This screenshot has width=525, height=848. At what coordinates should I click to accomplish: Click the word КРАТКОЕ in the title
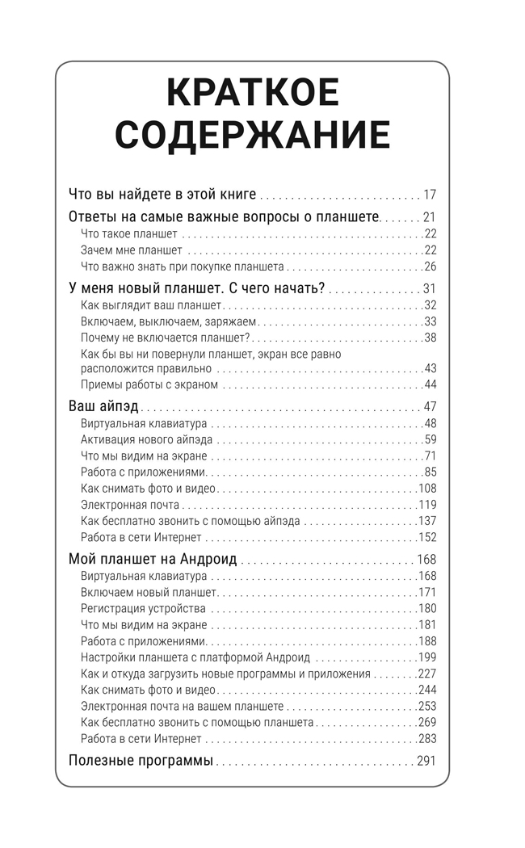(252, 94)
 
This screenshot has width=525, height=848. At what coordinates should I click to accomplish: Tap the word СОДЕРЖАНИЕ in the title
(252, 135)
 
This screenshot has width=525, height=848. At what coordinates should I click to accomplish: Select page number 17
(429, 194)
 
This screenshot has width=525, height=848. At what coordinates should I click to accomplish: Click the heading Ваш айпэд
(104, 405)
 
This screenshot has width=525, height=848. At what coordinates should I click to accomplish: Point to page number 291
(426, 760)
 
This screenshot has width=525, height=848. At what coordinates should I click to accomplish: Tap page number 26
(430, 267)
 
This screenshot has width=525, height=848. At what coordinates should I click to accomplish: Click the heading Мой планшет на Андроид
(153, 559)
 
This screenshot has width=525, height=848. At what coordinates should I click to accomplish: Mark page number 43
(430, 368)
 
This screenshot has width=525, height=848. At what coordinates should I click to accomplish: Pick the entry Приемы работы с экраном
(149, 384)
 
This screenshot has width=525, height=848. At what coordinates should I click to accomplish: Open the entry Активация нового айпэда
(147, 439)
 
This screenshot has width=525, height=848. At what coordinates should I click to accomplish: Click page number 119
(427, 505)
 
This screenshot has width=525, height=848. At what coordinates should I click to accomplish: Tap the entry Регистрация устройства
(144, 608)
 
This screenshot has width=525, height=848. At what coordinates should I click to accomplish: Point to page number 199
(427, 657)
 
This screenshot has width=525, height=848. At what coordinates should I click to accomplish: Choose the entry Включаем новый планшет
(144, 592)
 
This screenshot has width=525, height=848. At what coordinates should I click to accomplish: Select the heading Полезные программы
(141, 760)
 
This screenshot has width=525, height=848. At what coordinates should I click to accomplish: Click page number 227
(427, 674)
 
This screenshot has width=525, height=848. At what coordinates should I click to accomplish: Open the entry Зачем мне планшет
(132, 250)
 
